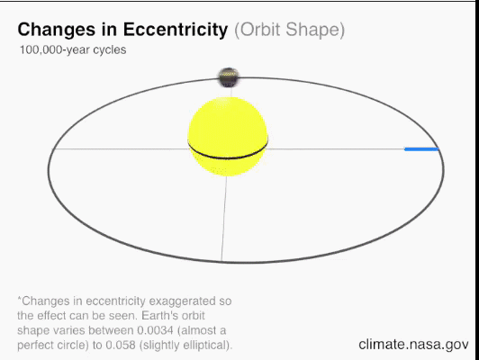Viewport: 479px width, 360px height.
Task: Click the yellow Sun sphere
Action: pos(228,137)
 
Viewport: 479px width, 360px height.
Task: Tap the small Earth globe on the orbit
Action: pos(229,77)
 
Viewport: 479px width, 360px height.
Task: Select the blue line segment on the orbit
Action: pos(421,149)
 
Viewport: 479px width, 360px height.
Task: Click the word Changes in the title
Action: pos(57,30)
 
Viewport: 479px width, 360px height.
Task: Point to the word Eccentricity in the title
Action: pos(176,30)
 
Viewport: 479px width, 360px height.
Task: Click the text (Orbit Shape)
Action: pos(289,30)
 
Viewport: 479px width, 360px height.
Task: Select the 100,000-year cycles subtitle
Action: pos(73,49)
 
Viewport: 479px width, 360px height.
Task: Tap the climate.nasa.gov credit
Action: pos(413,345)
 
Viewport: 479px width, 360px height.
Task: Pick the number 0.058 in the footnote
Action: pos(121,345)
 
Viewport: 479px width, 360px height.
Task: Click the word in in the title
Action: pos(109,30)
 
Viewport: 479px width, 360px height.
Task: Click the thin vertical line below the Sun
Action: pos(224,219)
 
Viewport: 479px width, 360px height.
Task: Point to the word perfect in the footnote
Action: pos(36,346)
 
